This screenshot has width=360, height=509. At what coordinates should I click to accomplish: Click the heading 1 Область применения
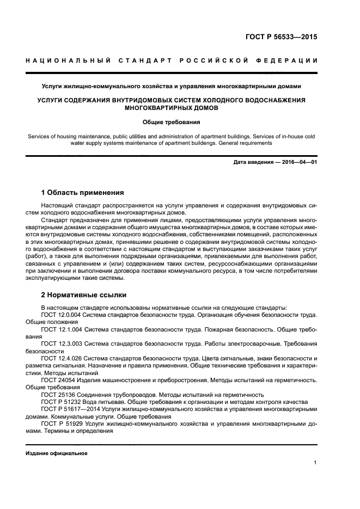82,192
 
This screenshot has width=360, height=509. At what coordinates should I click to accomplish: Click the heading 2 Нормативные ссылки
84,295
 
